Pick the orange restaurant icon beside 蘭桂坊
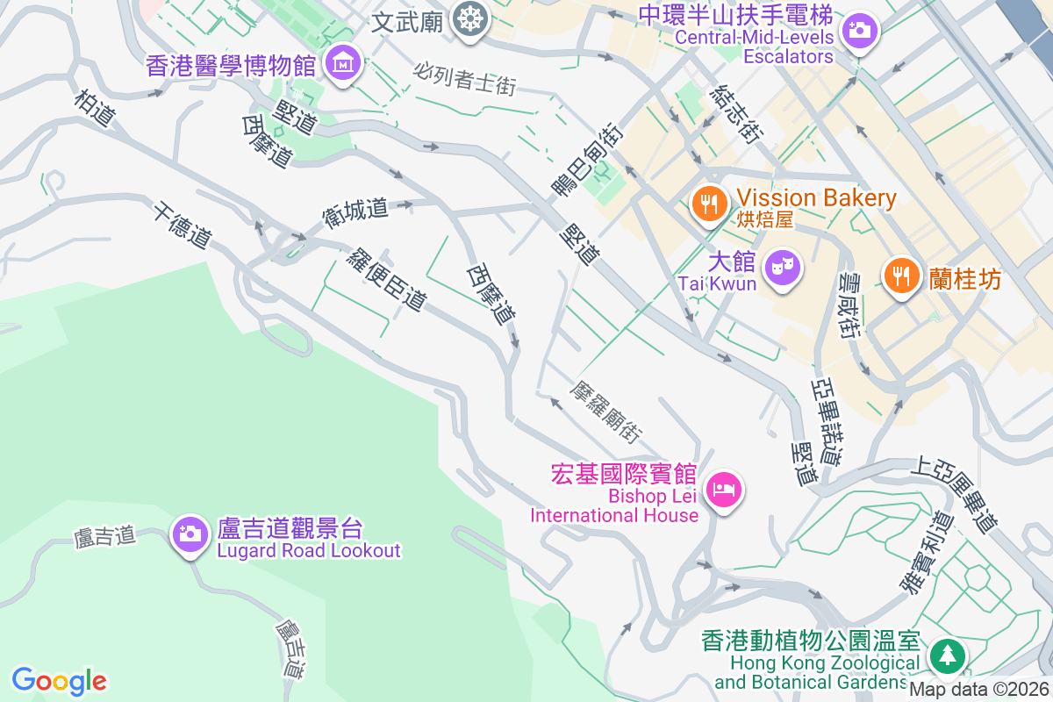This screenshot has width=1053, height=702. click(900, 276)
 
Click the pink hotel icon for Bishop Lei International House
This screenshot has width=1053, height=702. click(723, 488)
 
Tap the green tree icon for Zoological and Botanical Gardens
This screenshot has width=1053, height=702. click(948, 655)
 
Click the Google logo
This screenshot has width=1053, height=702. click(60, 680)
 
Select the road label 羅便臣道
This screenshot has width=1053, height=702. click(387, 279)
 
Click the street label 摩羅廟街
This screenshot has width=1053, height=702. click(606, 411)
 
